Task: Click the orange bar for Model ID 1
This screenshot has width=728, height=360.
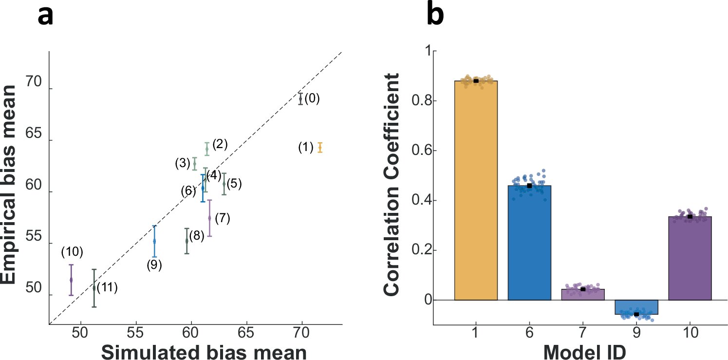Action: (x=476, y=190)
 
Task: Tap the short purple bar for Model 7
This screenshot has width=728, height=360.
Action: (x=583, y=295)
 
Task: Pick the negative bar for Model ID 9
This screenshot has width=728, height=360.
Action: (x=636, y=307)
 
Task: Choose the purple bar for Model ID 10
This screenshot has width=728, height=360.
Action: (x=690, y=258)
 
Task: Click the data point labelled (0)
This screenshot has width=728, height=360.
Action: (x=301, y=98)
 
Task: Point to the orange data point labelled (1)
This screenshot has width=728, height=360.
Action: (x=320, y=147)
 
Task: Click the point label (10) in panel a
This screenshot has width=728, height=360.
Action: (x=72, y=252)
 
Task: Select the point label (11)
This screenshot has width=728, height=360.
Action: (x=107, y=287)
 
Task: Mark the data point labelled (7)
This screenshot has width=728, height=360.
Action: (x=209, y=218)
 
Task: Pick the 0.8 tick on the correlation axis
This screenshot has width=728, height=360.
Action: (x=416, y=101)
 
